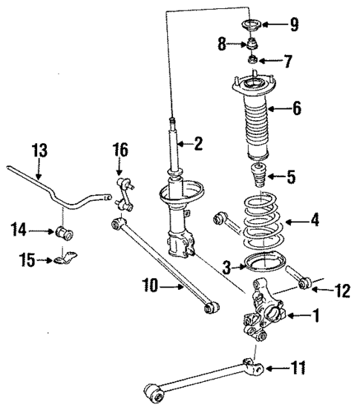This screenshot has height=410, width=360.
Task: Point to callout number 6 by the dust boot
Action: [297, 109]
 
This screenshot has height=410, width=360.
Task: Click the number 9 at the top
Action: [295, 24]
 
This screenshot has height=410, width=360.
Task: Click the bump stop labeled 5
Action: [258, 178]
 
